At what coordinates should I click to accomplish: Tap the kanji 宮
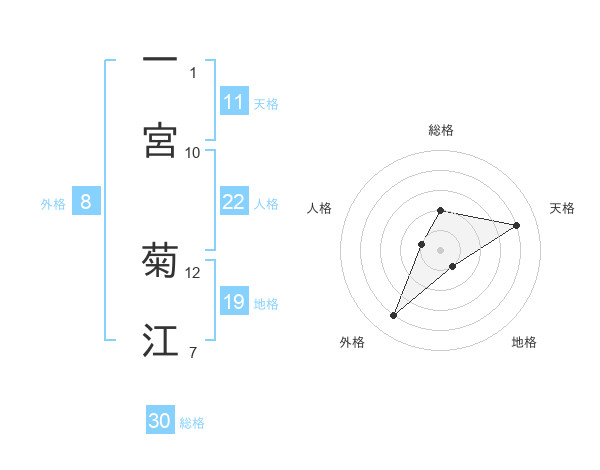coord(160,140)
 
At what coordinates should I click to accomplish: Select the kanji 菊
coord(160,260)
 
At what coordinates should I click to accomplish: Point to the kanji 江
coord(160,341)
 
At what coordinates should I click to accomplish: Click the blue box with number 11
coord(234,102)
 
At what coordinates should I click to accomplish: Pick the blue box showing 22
coord(234,202)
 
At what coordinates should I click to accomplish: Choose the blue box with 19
coord(234,302)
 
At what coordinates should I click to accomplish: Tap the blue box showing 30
coord(160,421)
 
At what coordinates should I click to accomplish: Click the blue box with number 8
coord(86,202)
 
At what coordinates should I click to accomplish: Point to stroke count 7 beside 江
coord(192,352)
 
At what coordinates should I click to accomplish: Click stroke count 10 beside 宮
coord(193,152)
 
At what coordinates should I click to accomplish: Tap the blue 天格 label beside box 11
coord(266,103)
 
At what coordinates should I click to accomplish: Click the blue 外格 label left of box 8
coord(53,203)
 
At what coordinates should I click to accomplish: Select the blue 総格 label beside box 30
coord(192,423)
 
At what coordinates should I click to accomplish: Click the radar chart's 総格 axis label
coord(441,130)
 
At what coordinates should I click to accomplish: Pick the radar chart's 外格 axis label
coord(352,342)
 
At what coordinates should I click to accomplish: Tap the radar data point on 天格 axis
coord(516,225)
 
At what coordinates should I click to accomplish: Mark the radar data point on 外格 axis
coord(393,316)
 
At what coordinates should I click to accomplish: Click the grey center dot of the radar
coord(441,249)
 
